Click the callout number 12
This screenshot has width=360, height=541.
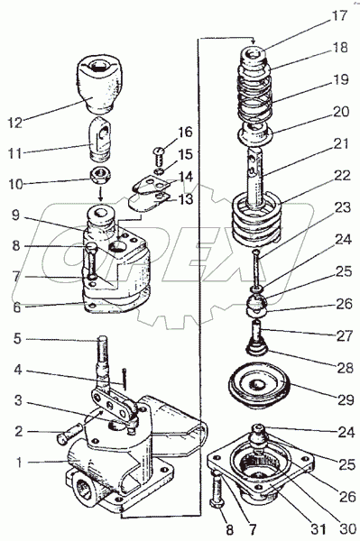click(14, 123)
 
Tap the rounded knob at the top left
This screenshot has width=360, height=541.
click(100, 85)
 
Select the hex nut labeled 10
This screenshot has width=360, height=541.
click(100, 176)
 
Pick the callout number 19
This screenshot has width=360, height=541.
click(340, 79)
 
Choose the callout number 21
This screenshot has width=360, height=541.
click(341, 143)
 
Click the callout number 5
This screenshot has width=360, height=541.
click(18, 338)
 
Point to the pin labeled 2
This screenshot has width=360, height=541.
click(69, 434)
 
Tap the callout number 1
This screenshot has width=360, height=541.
click(19, 462)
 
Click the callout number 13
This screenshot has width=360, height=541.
click(186, 199)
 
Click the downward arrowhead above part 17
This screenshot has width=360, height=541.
click(254, 41)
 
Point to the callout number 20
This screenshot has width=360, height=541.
click(340, 112)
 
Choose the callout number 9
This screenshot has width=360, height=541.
click(15, 215)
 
